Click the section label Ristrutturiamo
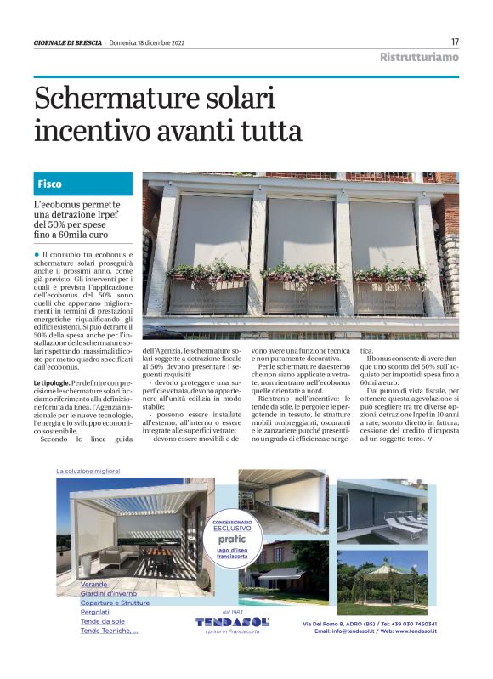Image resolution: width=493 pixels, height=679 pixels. click(x=419, y=57)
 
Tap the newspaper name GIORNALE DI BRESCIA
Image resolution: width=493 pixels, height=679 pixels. click(x=69, y=42)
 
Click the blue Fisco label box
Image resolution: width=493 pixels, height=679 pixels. click(x=83, y=184)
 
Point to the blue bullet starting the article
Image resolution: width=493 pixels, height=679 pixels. click(x=37, y=254)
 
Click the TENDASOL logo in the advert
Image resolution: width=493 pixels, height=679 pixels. click(x=232, y=621)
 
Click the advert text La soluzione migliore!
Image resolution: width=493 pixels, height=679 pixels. click(x=88, y=470)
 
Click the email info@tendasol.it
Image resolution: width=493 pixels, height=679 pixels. click(x=347, y=631)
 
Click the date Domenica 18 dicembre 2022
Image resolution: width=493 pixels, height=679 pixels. click(x=153, y=42)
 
